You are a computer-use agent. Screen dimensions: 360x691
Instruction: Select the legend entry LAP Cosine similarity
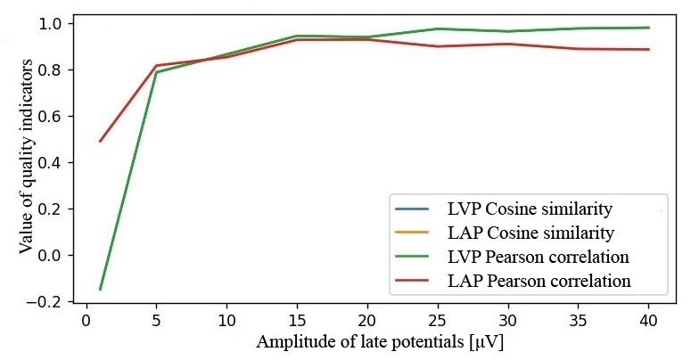point(530,233)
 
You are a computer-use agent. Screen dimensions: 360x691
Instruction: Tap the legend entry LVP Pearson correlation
point(539,258)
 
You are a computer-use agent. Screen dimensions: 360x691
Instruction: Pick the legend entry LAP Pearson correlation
point(539,281)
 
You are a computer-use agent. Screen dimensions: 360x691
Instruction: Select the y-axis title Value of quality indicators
point(27,158)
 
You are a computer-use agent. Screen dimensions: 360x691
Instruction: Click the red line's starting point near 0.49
point(100,141)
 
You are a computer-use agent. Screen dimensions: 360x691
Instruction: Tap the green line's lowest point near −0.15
point(100,289)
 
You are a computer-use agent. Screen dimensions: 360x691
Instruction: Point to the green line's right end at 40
point(648,28)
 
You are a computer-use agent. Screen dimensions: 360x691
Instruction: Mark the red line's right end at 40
point(648,49)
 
